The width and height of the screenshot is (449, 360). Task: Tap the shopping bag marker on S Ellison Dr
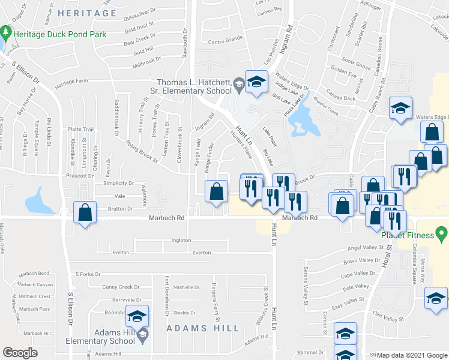pyautogui.click(x=85, y=212)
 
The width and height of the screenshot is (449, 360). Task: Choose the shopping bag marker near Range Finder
pyautogui.click(x=215, y=191)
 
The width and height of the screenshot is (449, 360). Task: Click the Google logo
pyautogui.click(x=21, y=352)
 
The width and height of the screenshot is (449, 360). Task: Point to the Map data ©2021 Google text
pyautogui.click(x=412, y=355)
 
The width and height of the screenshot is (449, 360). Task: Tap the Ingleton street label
pyautogui.click(x=181, y=241)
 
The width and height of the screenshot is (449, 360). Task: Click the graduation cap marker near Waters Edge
pyautogui.click(x=400, y=108)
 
